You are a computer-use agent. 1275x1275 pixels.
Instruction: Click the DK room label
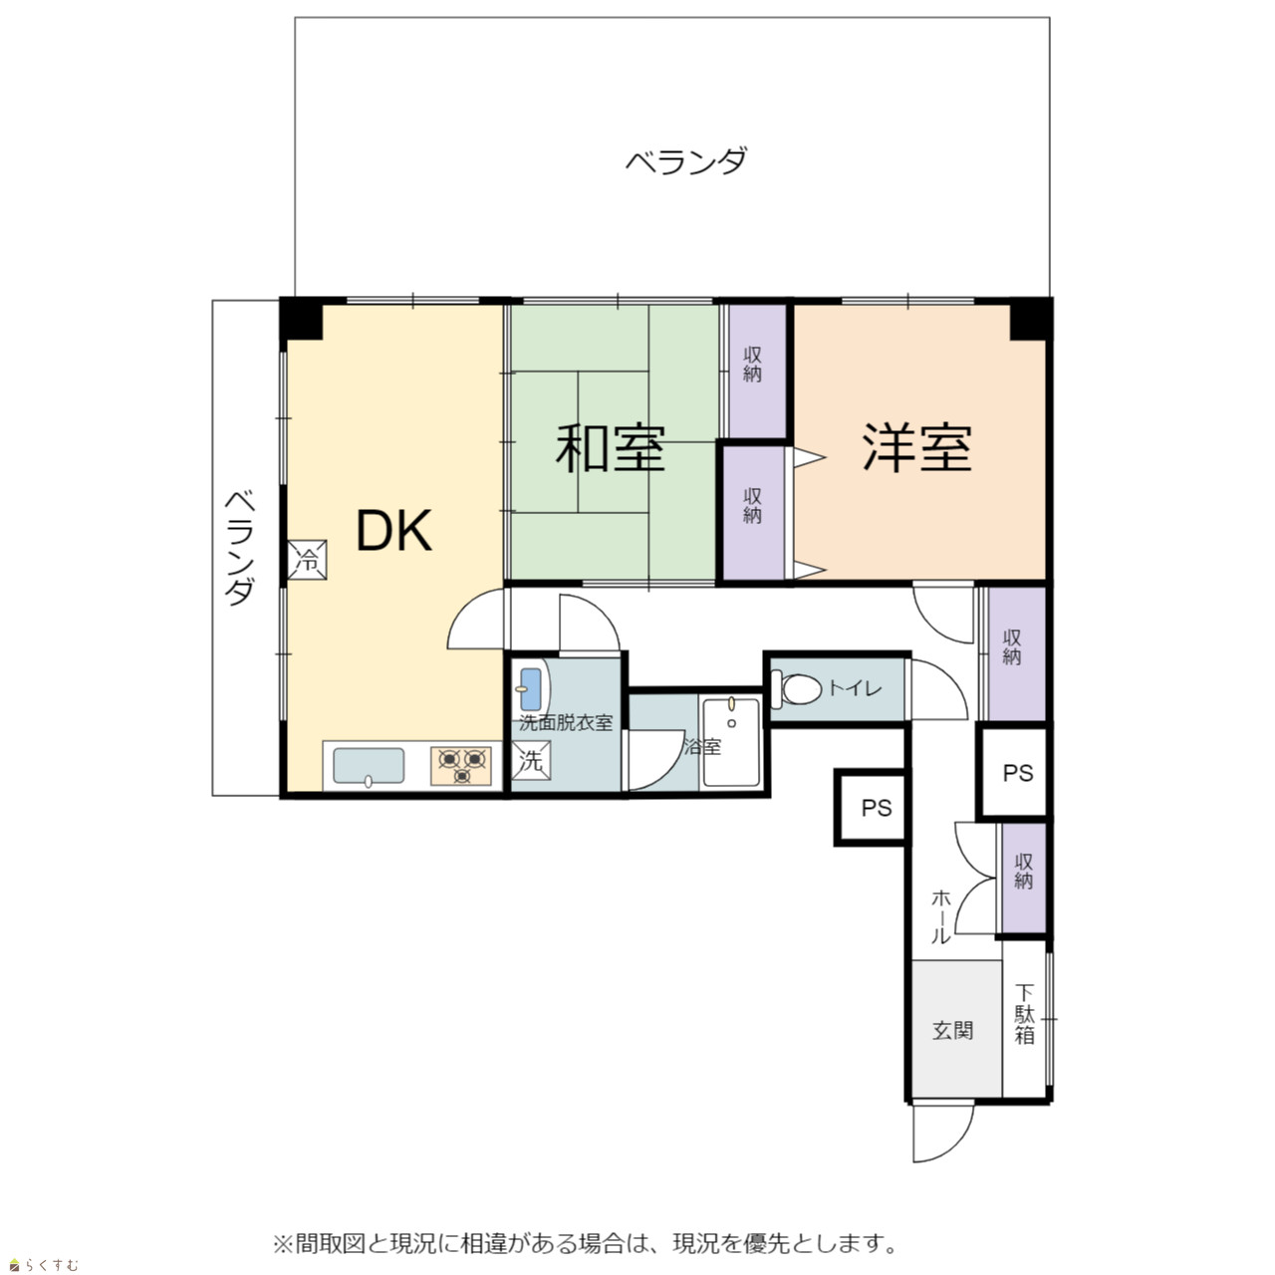[394, 531]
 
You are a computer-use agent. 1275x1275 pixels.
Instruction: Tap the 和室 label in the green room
[610, 448]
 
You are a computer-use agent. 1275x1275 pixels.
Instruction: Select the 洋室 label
[917, 448]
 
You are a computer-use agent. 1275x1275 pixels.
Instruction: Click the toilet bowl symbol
[797, 689]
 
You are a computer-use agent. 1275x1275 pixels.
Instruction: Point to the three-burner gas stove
[461, 766]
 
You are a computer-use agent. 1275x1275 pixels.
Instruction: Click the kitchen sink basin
[369, 766]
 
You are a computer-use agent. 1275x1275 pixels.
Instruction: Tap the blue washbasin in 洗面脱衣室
[530, 688]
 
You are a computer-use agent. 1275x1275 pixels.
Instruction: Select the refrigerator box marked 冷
[307, 560]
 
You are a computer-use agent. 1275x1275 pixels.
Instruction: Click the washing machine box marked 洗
[531, 761]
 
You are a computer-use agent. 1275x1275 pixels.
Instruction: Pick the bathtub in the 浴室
[731, 743]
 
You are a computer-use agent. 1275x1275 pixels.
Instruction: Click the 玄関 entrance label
[953, 1030]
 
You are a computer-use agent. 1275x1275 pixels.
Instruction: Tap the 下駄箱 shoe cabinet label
[1024, 1014]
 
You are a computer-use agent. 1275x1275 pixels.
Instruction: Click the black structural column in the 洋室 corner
[1030, 320]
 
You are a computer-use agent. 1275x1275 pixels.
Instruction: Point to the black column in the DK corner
[301, 319]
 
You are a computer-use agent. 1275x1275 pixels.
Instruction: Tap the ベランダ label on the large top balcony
[686, 160]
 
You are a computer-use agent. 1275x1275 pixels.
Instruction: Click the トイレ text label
[855, 688]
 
